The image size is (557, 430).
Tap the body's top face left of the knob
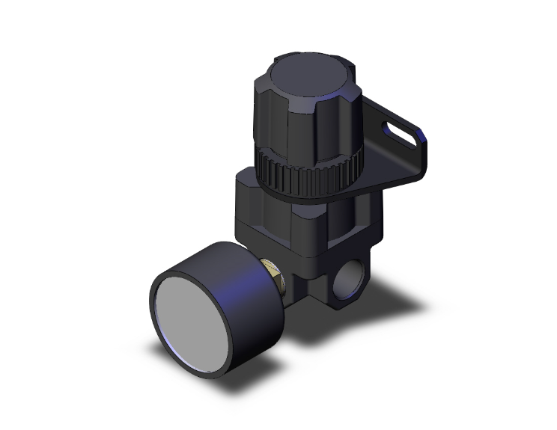251,179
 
